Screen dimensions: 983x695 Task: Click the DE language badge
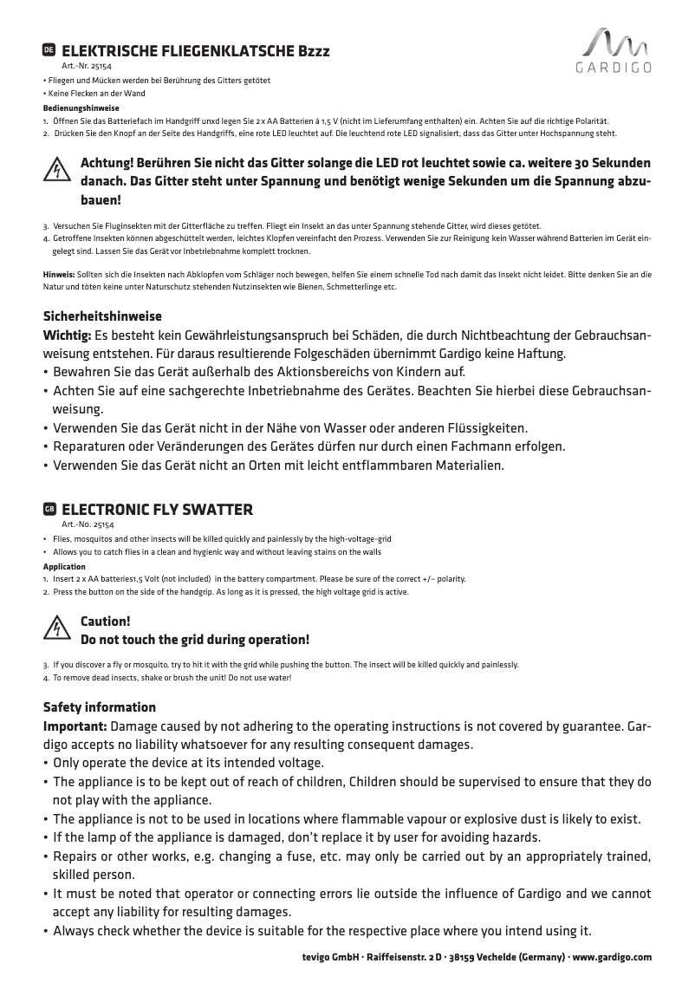(x=49, y=51)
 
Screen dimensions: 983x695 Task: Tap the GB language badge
(x=49, y=508)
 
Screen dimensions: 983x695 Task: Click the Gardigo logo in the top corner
(x=614, y=51)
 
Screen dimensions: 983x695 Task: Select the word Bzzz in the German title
(x=314, y=51)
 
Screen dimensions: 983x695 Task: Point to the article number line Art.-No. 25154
(x=88, y=524)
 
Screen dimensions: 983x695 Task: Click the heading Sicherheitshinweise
(x=102, y=316)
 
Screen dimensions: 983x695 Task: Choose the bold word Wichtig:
(x=68, y=335)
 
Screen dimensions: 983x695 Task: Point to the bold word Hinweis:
(x=59, y=273)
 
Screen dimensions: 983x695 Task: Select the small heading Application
(x=64, y=566)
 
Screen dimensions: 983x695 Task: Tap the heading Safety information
(x=100, y=707)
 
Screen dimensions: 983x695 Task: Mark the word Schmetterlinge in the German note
(x=351, y=286)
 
